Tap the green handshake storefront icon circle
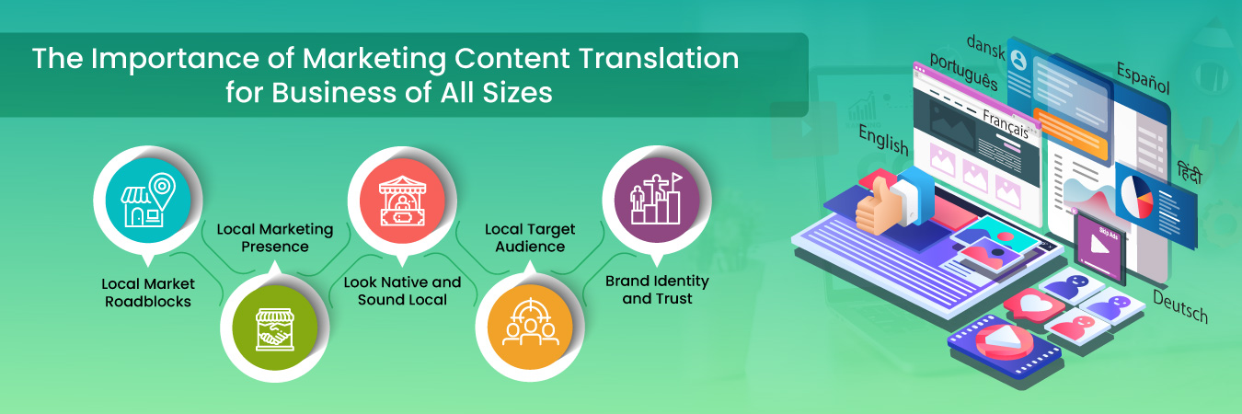274,328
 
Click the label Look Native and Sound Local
402,291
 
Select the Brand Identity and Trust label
656,289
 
